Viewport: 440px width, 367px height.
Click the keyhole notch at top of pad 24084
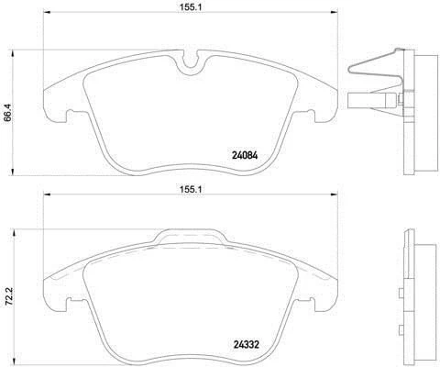pyautogui.click(x=191, y=65)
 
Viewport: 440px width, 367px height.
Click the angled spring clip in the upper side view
pyautogui.click(x=376, y=66)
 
